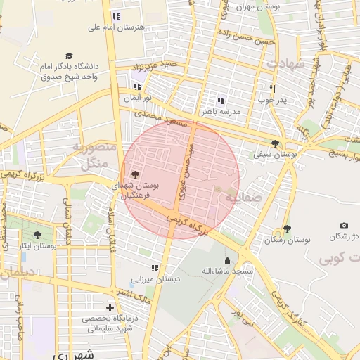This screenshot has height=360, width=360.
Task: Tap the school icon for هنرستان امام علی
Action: coord(116,15)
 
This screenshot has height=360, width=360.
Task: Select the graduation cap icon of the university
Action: coord(69,56)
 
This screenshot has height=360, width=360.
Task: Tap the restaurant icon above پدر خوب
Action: coord(273,89)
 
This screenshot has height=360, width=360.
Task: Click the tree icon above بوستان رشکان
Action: coord(287,229)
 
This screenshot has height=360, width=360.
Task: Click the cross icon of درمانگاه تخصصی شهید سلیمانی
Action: coord(109,307)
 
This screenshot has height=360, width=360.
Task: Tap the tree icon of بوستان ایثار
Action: coord(37,235)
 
